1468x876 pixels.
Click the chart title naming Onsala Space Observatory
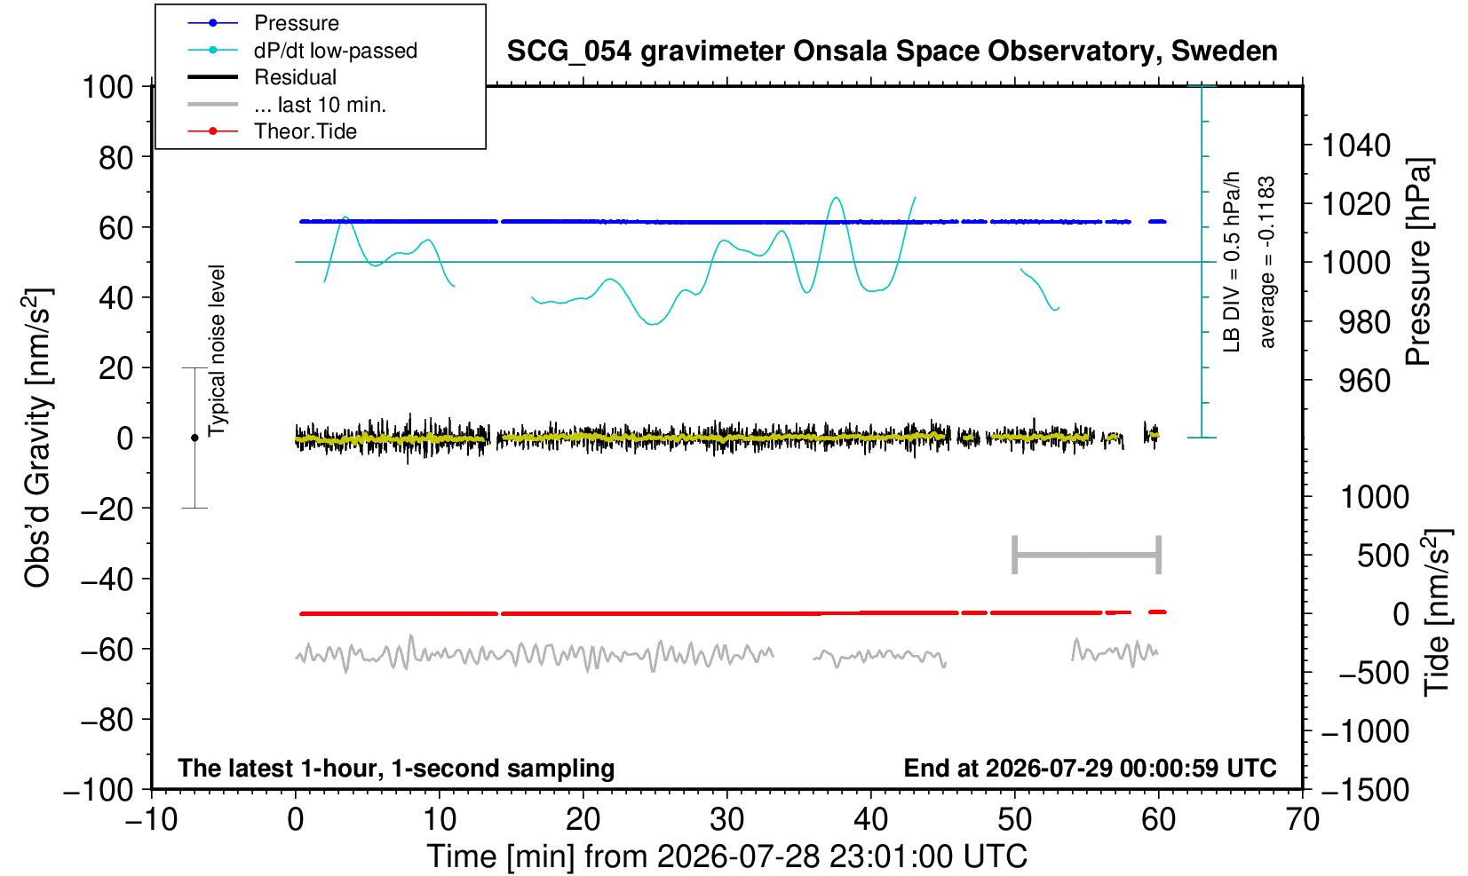click(892, 51)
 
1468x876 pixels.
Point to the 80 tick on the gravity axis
click(116, 157)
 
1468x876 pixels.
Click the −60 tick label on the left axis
click(107, 650)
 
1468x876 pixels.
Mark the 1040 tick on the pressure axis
click(1356, 145)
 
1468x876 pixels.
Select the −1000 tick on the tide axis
click(1365, 731)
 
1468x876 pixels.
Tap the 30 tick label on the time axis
click(726, 819)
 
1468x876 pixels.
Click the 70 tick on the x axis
click(1302, 819)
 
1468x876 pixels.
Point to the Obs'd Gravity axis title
click(37, 438)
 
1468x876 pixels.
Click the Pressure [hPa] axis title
click(1419, 262)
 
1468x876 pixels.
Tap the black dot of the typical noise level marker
click(194, 438)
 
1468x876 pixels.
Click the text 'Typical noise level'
click(217, 351)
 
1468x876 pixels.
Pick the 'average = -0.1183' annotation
click(1266, 262)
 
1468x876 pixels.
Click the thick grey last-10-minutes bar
click(1087, 555)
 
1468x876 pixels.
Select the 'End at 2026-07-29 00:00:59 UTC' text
click(1091, 767)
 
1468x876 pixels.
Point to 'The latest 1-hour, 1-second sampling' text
click(396, 768)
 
